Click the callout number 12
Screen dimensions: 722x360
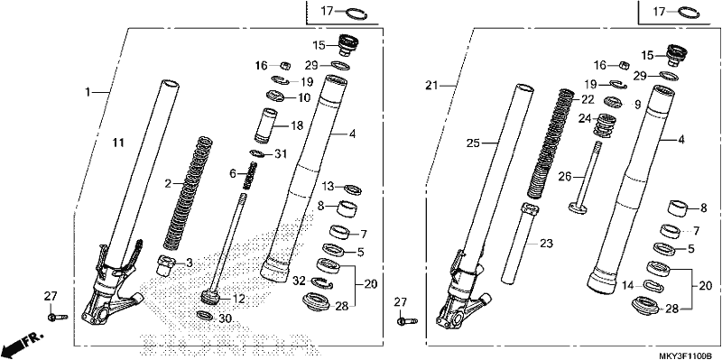239,299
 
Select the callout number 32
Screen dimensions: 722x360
299,280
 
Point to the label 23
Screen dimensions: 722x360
546,243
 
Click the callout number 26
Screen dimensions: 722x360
565,176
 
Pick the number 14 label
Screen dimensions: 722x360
627,285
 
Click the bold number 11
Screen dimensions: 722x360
119,143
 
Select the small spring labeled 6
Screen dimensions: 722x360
249,175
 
